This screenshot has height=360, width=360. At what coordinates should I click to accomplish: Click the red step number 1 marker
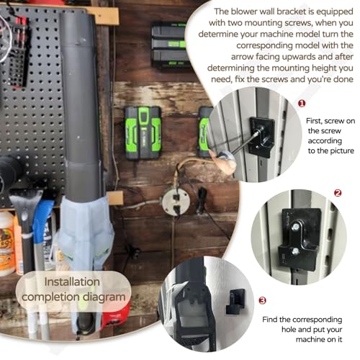(302, 104)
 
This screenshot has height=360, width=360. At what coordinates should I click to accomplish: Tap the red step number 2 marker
(338, 193)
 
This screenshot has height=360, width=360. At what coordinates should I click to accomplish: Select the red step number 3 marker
(262, 300)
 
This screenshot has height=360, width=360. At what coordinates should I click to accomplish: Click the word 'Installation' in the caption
(72, 282)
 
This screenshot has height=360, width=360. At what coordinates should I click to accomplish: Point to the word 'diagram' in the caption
(104, 297)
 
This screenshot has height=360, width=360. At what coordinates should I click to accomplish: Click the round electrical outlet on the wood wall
(175, 202)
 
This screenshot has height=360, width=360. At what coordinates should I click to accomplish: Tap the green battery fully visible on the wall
(143, 133)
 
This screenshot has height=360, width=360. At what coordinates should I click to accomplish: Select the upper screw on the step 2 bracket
(295, 226)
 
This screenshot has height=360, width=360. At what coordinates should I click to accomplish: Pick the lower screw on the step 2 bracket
(296, 251)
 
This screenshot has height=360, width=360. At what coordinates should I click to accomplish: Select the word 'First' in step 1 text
(314, 121)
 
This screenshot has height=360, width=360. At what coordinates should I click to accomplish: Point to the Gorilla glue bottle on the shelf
(6, 243)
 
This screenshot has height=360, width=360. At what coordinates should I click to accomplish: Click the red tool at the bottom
(116, 317)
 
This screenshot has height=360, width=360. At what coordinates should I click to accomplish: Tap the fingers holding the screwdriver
(222, 160)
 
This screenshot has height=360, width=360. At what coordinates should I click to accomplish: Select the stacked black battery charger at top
(169, 45)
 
